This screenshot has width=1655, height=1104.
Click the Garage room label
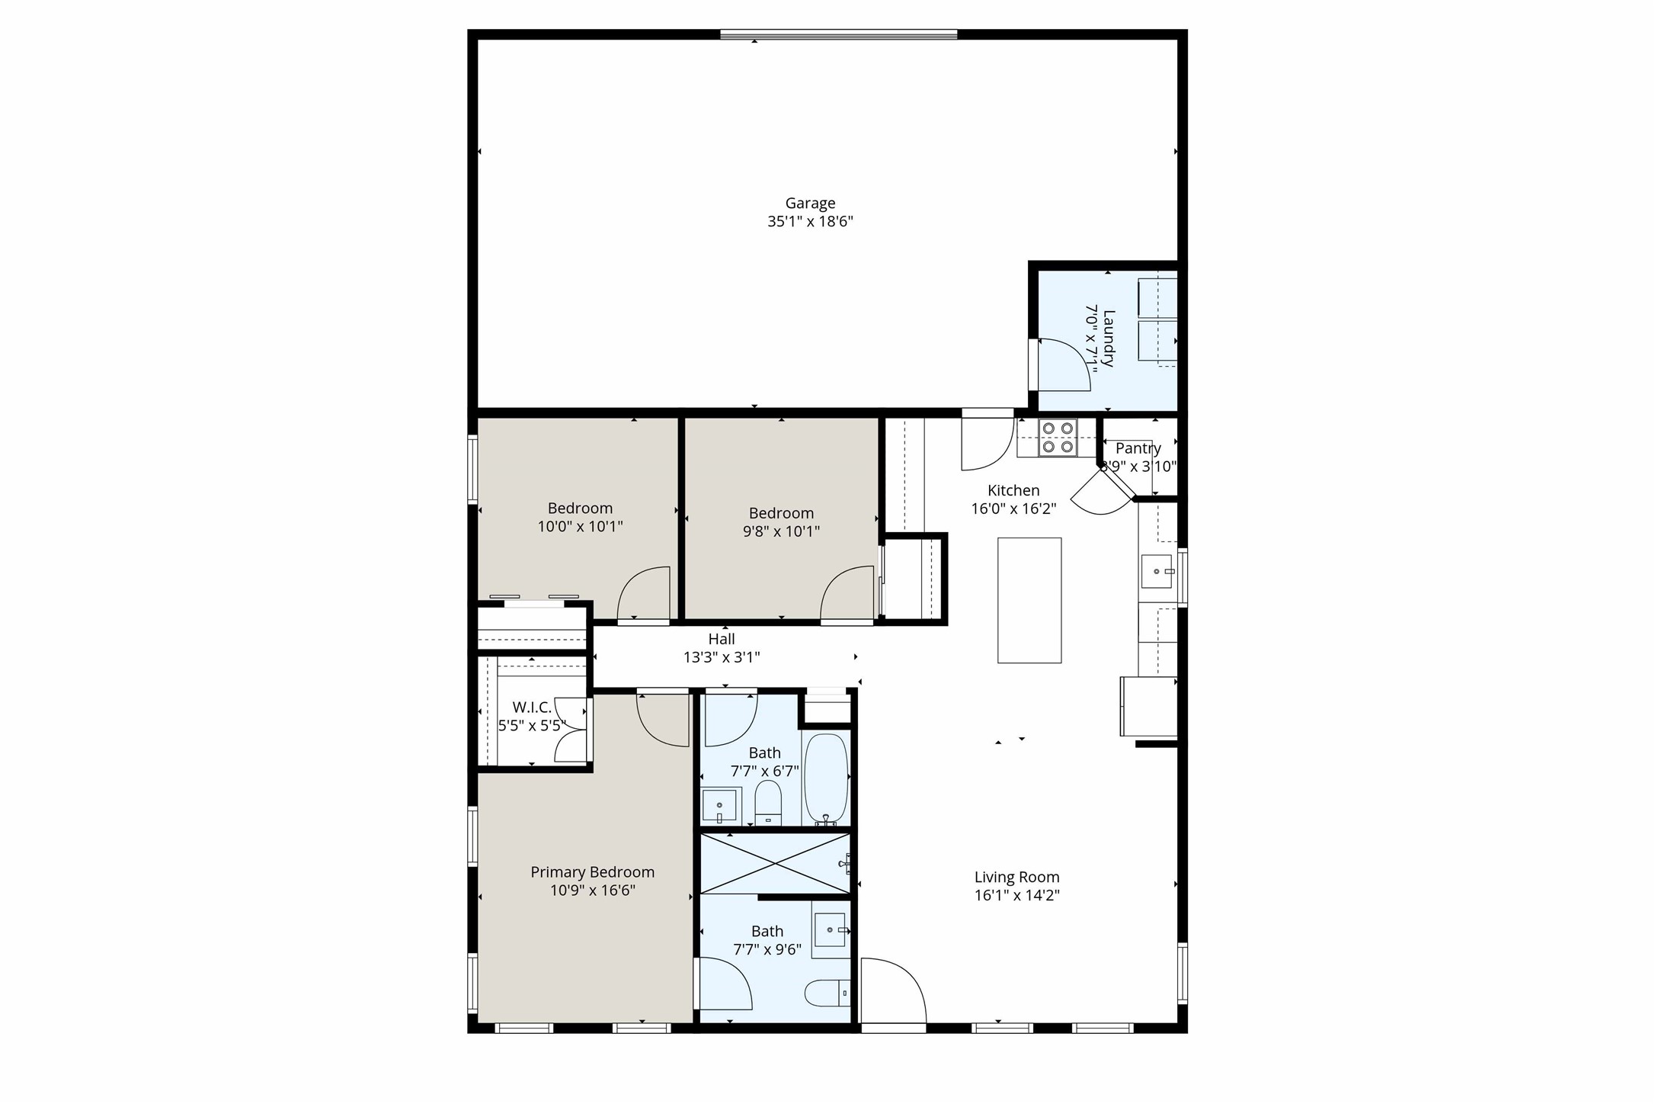(x=810, y=204)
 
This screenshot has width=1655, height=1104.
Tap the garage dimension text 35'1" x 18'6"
(x=810, y=222)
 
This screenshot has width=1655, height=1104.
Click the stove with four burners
(x=1058, y=438)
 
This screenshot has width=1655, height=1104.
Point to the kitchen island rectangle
(x=1029, y=600)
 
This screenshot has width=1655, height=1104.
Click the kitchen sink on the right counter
(x=1157, y=571)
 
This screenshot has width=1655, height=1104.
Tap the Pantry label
(x=1138, y=448)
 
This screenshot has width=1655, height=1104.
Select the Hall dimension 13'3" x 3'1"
(x=722, y=657)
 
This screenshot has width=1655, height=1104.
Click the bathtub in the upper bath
(x=826, y=778)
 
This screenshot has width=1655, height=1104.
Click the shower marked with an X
(x=774, y=863)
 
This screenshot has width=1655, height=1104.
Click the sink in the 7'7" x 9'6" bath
(x=830, y=930)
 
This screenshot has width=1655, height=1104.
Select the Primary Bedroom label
(x=592, y=872)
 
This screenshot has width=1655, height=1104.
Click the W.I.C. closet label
(x=531, y=708)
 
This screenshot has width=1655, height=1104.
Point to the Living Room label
(x=1016, y=878)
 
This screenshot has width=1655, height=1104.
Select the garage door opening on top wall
(x=838, y=34)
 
